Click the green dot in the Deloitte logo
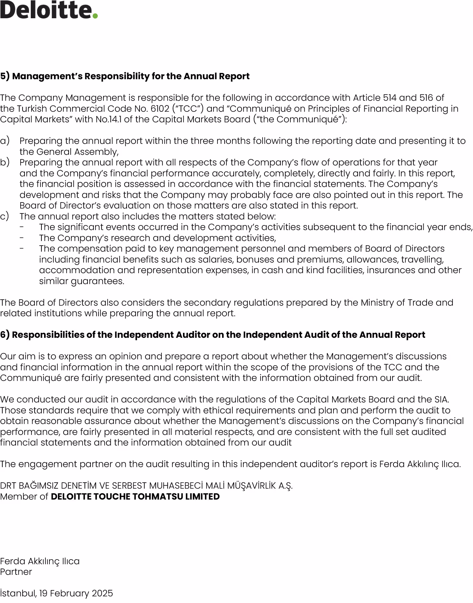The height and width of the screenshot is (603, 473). (95, 16)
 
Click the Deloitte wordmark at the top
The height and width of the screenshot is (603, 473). (46, 10)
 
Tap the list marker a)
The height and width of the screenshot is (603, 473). (5, 141)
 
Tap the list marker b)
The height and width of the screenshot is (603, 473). (5, 162)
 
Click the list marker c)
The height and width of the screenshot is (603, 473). (5, 216)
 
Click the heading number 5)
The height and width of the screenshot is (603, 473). (5, 76)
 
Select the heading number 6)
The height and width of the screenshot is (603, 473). (5, 335)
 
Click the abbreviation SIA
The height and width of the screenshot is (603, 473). (441, 399)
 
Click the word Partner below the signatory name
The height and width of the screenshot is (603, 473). (16, 572)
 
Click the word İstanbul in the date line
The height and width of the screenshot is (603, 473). (18, 593)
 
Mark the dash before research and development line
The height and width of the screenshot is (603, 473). (22, 238)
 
